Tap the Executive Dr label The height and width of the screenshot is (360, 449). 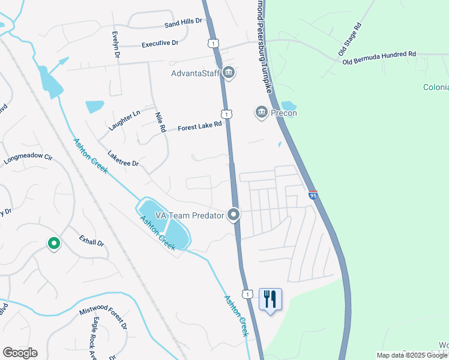tap(160, 44)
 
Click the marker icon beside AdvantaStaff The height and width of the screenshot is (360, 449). tap(228, 73)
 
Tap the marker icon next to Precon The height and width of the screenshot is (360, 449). tap(261, 112)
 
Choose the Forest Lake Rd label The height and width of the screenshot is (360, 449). tap(200, 126)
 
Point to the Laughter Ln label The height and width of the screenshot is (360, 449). tap(124, 121)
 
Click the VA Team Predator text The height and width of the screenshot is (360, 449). tap(189, 215)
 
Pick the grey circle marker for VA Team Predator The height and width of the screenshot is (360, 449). tap(234, 215)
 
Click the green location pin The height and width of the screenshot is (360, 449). tap(53, 243)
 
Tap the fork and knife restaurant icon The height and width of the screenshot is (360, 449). tap(270, 298)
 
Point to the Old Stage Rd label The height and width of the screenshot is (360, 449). tap(351, 37)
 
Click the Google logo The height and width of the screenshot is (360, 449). tap(20, 353)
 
